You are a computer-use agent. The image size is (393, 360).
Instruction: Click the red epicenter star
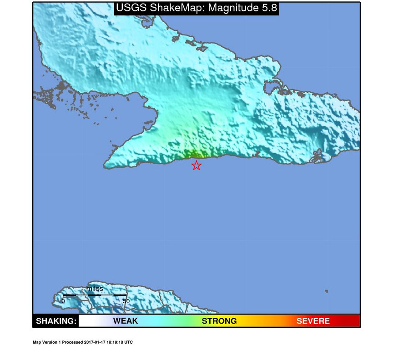coord(196,165)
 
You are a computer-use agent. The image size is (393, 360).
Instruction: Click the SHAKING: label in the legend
coord(56,321)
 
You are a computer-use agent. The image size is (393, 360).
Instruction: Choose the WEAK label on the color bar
coord(125,321)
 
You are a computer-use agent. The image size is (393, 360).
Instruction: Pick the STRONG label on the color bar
coord(219,321)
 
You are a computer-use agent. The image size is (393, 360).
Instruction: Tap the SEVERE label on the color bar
coord(313,321)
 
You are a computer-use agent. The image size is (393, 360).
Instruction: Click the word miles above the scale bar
coord(95,289)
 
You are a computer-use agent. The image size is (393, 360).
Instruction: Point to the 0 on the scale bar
coord(63,301)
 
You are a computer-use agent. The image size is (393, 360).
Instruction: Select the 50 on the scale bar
coord(126,301)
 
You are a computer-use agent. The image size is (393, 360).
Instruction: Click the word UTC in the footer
coord(129,342)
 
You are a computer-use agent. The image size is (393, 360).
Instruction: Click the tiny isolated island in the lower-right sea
coord(327,291)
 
